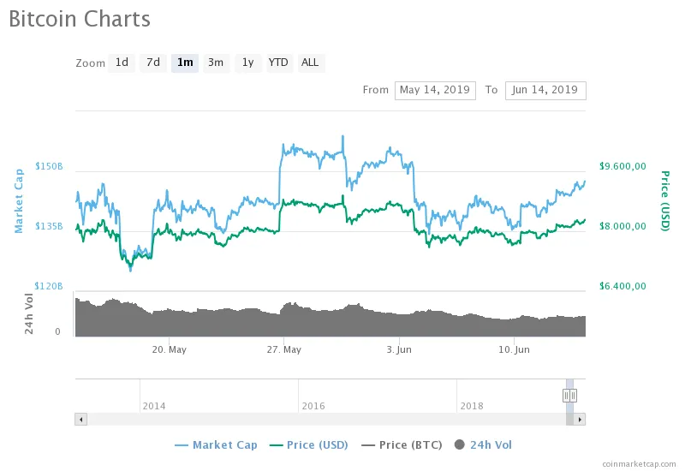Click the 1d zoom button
[x=122, y=63]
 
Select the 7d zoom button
[x=152, y=63]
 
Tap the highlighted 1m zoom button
[x=185, y=63]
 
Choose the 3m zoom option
[x=216, y=63]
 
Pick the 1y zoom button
[x=247, y=63]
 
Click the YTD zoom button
[x=278, y=63]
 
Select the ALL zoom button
[x=310, y=63]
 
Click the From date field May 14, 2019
[x=435, y=90]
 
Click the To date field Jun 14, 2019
[x=545, y=90]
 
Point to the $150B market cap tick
[x=49, y=166]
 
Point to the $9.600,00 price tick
[x=622, y=166]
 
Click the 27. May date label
[x=284, y=349]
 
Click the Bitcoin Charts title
[x=80, y=19]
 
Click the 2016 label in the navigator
[x=313, y=406]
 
